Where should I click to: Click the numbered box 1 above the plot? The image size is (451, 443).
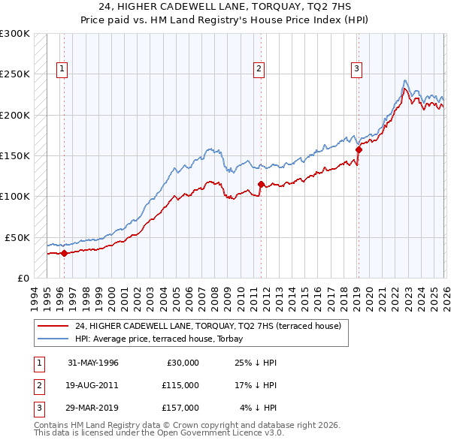click(61, 69)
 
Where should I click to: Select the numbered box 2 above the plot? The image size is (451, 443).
click(259, 69)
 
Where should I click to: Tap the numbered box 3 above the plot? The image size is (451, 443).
click(356, 69)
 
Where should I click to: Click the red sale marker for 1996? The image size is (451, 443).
click(64, 253)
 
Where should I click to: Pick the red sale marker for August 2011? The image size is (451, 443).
click(261, 184)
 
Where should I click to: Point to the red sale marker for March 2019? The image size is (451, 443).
click(359, 149)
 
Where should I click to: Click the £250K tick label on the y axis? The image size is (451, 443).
click(15, 74)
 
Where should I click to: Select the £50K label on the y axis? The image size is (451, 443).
click(17, 237)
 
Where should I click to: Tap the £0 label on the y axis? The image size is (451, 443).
click(23, 278)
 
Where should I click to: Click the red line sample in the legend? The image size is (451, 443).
click(54, 326)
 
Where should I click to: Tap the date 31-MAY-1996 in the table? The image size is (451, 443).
click(93, 362)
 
